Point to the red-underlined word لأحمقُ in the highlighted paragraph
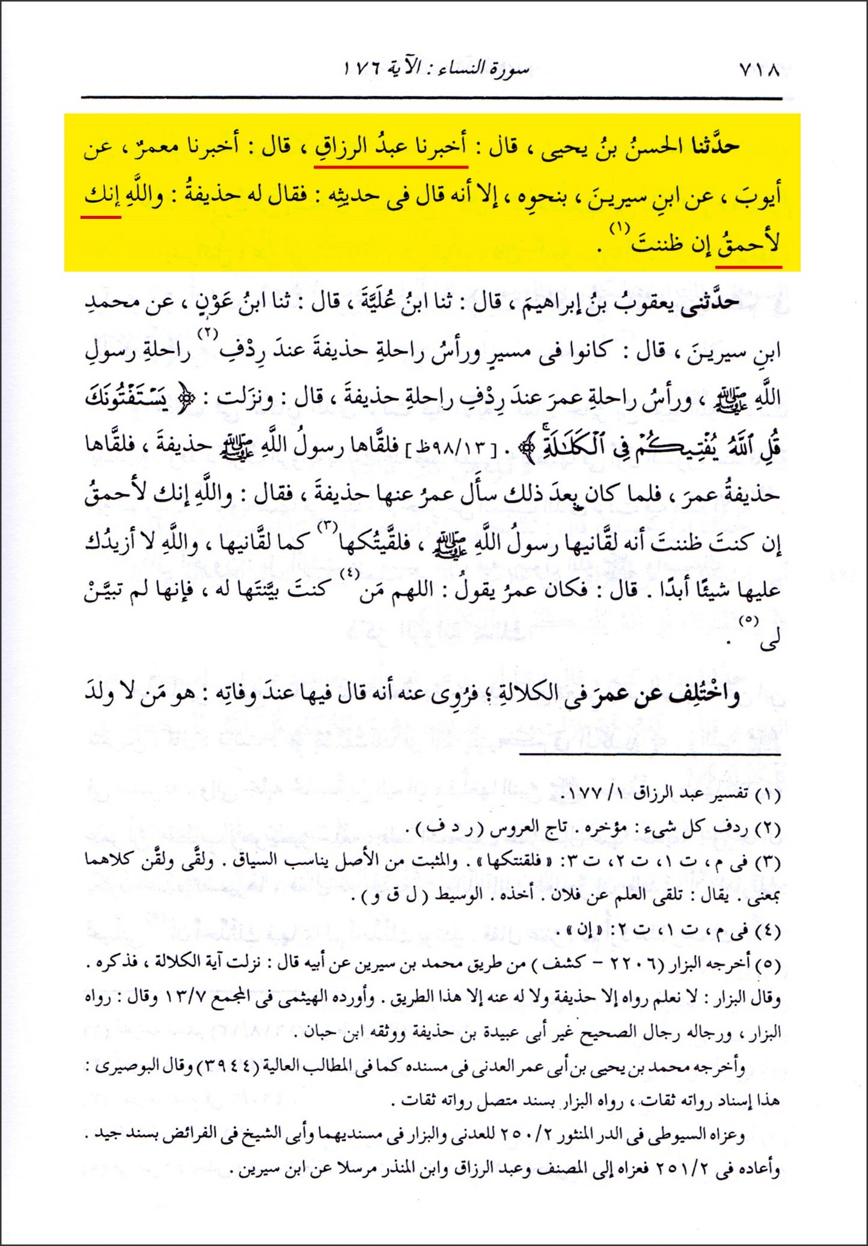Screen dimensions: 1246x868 pyautogui.click(x=749, y=245)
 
